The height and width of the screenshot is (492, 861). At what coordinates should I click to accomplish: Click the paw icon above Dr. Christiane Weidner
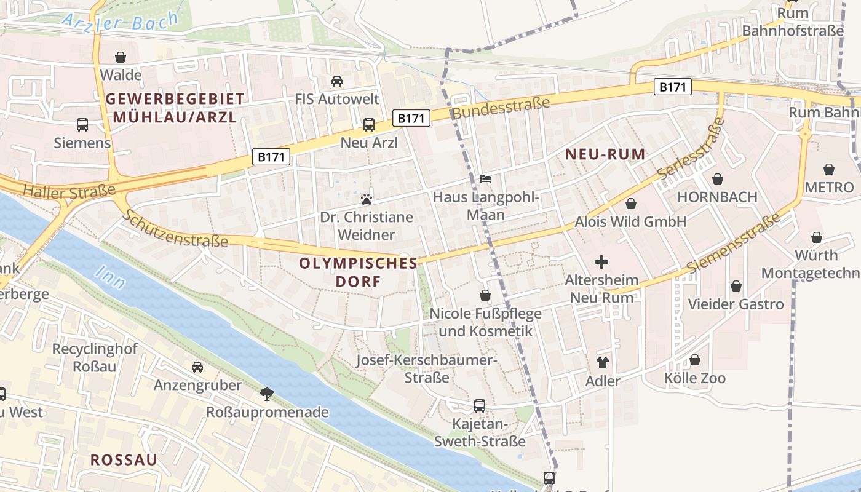pyautogui.click(x=367, y=199)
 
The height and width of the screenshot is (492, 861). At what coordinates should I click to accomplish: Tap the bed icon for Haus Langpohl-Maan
pyautogui.click(x=486, y=179)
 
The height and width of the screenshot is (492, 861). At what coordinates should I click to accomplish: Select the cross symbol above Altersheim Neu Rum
pyautogui.click(x=601, y=262)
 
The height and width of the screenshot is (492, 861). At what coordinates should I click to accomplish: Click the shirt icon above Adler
pyautogui.click(x=602, y=363)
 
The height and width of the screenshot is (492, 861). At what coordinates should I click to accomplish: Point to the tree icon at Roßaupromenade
pyautogui.click(x=267, y=393)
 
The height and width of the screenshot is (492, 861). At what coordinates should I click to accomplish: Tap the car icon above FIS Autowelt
pyautogui.click(x=336, y=81)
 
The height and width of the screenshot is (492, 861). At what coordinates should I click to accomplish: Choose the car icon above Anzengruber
pyautogui.click(x=197, y=367)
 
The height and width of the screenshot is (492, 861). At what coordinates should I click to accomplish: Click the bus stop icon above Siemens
pyautogui.click(x=82, y=125)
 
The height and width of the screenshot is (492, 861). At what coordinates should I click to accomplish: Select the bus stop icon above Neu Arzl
pyautogui.click(x=369, y=125)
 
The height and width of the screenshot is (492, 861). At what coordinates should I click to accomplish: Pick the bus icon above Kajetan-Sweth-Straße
pyautogui.click(x=480, y=406)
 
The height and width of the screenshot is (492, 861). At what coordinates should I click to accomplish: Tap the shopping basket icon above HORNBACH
pyautogui.click(x=717, y=179)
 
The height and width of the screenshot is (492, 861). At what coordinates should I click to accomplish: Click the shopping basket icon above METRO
pyautogui.click(x=829, y=169)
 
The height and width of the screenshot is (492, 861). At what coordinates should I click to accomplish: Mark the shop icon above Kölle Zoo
pyautogui.click(x=695, y=360)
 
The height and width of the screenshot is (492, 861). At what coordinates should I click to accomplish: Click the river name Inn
pyautogui.click(x=111, y=278)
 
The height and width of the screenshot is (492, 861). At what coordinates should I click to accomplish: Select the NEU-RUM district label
pyautogui.click(x=605, y=154)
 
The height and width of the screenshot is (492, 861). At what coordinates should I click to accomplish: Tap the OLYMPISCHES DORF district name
pyautogui.click(x=358, y=272)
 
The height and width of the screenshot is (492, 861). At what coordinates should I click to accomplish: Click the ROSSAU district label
pyautogui.click(x=124, y=459)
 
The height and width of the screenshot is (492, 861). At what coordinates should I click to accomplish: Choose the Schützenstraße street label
pyautogui.click(x=175, y=229)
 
